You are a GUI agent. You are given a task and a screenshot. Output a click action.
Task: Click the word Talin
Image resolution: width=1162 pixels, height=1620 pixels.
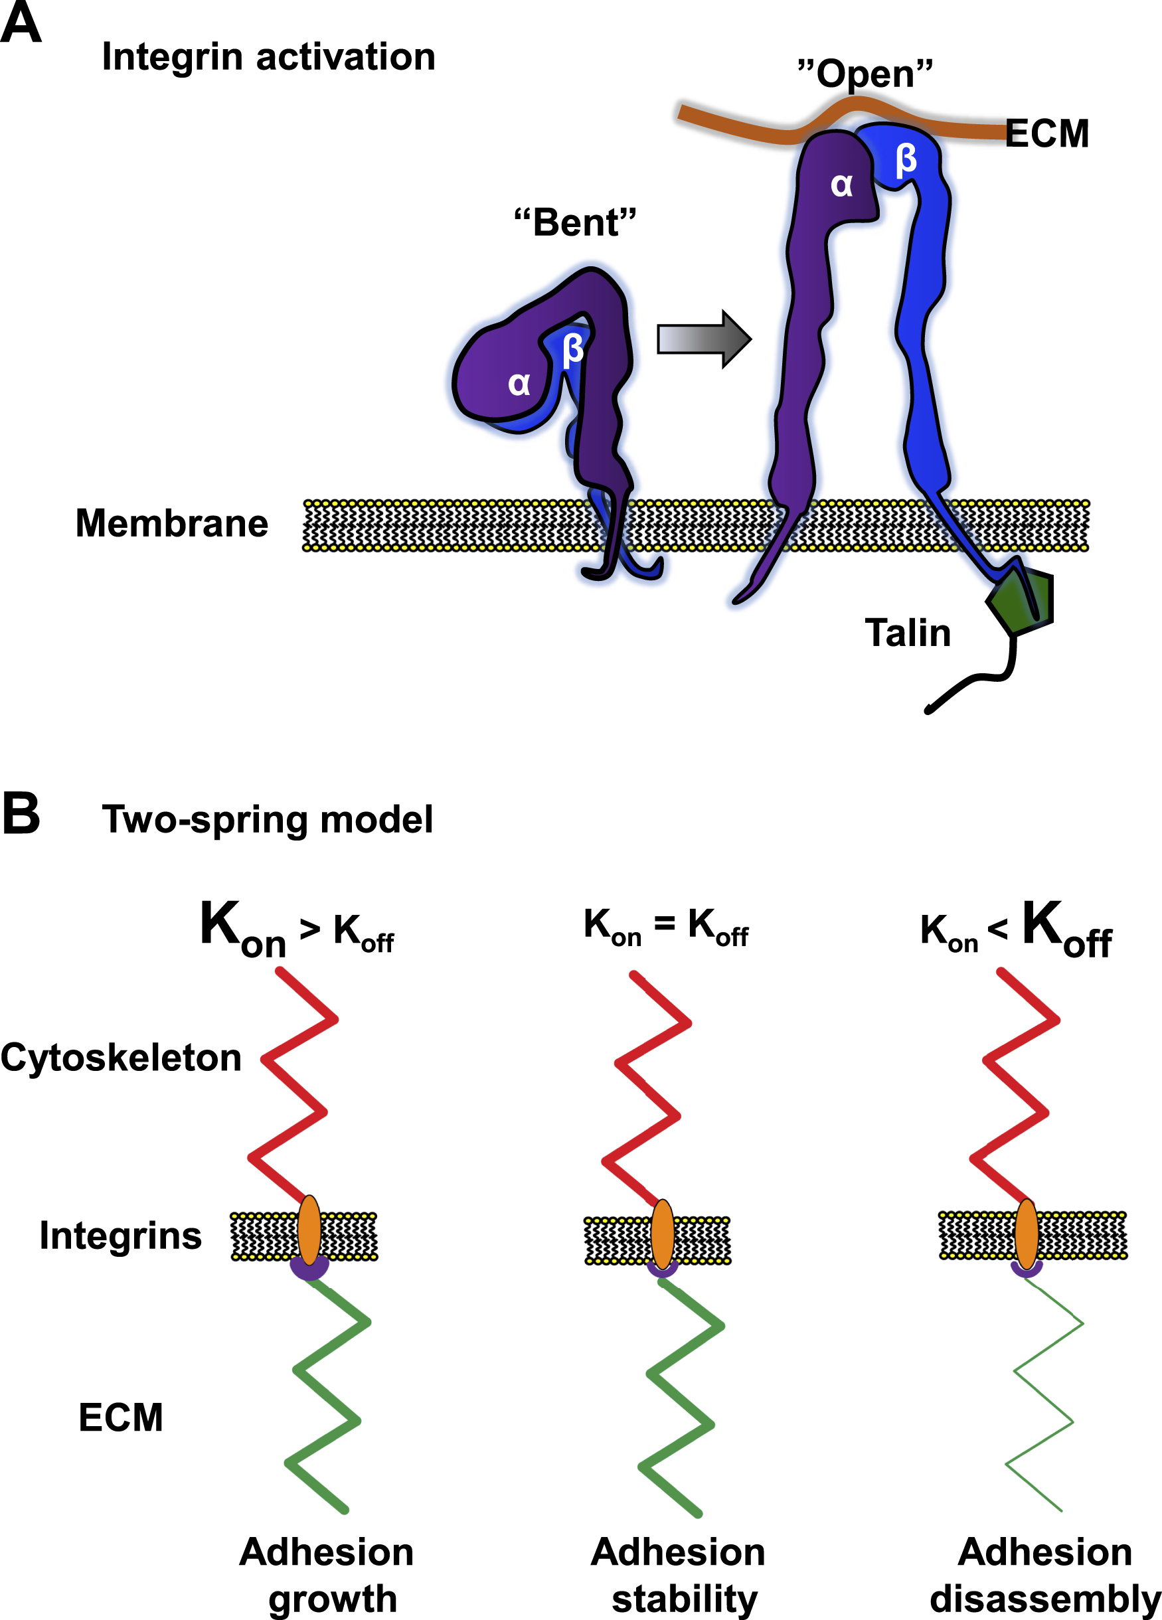coord(907,633)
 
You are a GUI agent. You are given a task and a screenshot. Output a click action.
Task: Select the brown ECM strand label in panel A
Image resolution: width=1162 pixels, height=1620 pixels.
coord(1046,133)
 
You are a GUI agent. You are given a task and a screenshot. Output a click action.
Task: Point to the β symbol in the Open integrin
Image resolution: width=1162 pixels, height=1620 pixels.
coord(906,159)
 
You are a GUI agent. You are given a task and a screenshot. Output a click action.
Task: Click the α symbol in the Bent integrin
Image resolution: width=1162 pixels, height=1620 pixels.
coord(519,384)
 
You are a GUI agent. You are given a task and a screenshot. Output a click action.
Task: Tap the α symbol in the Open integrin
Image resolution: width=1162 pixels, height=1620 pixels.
coord(841,185)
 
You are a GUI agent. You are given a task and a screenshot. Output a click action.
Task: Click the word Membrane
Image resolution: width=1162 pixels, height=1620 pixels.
coord(171,523)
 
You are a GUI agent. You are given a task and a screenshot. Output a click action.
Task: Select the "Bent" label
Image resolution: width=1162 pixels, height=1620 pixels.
coord(575,222)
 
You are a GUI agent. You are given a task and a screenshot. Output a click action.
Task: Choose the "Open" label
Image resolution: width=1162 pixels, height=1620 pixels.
coord(865,74)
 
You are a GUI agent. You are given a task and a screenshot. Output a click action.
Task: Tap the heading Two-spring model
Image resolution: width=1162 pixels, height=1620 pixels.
coord(267,819)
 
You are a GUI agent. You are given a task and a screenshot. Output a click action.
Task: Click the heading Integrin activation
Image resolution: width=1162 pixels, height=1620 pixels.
coord(268,56)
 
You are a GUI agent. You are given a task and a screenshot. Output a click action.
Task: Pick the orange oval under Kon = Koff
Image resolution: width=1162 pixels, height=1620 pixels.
coord(662,1234)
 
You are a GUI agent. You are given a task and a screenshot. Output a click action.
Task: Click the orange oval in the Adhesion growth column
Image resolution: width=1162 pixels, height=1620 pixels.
coord(309,1231)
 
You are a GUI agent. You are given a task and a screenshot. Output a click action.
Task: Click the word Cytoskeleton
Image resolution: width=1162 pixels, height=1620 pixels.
coord(121,1057)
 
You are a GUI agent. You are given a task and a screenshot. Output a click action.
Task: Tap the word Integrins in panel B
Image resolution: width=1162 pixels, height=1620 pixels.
coord(120,1235)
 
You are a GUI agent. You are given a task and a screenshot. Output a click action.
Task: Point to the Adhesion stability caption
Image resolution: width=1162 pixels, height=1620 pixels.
coord(678,1574)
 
